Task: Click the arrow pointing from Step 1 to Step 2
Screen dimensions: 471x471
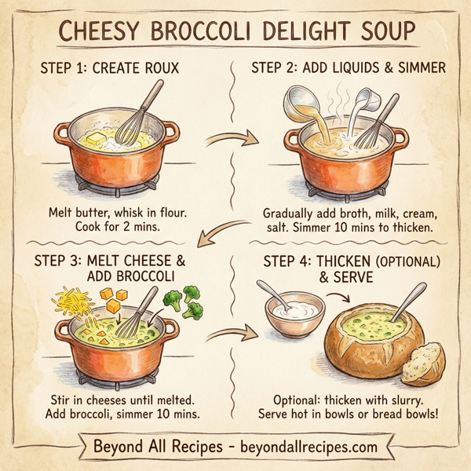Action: pos(232,141)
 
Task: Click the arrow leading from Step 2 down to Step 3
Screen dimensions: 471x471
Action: pos(221,232)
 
